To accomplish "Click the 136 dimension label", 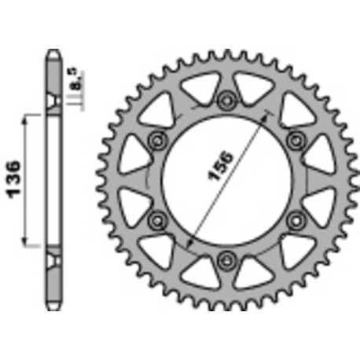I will click(18, 182).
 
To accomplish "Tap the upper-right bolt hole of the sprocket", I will click(296, 139).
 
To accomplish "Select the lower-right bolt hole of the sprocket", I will click(296, 219).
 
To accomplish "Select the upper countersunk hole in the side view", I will click(53, 102).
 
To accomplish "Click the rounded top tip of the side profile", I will click(53, 53).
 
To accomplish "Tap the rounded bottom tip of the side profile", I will click(53, 306).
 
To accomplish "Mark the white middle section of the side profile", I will click(53, 181).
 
